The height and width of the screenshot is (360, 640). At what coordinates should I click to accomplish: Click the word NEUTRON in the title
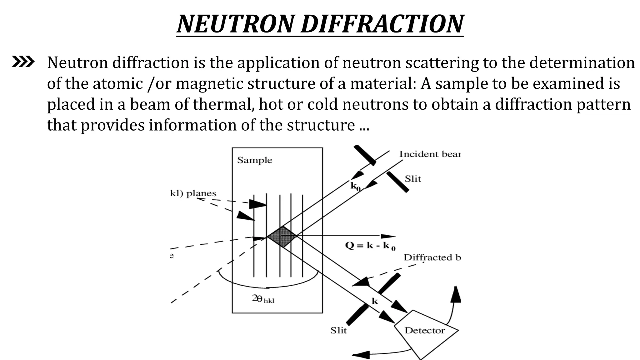point(235,24)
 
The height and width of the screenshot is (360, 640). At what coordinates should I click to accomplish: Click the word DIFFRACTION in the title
point(382,24)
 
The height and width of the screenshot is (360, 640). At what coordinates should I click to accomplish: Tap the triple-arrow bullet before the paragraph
point(23,62)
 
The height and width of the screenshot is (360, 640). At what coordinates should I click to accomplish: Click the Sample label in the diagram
point(254,160)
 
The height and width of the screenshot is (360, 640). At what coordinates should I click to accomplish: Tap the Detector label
point(424,331)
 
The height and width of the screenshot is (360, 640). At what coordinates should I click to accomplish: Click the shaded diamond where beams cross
point(282,237)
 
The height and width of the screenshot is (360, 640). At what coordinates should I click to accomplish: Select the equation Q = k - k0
point(370,246)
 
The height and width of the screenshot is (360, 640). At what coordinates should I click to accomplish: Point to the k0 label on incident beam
point(355,187)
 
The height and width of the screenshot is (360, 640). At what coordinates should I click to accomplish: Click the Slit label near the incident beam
point(412,179)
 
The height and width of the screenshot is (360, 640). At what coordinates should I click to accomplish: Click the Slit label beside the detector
point(338,331)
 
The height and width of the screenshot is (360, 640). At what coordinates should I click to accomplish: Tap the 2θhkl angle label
point(263,299)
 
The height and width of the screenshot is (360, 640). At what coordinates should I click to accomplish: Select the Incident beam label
point(429,154)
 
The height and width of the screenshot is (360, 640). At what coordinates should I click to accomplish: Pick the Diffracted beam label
point(432,257)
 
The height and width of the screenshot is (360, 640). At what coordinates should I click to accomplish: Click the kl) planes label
point(193,193)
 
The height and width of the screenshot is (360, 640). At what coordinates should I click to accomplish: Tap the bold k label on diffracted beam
point(374,301)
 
